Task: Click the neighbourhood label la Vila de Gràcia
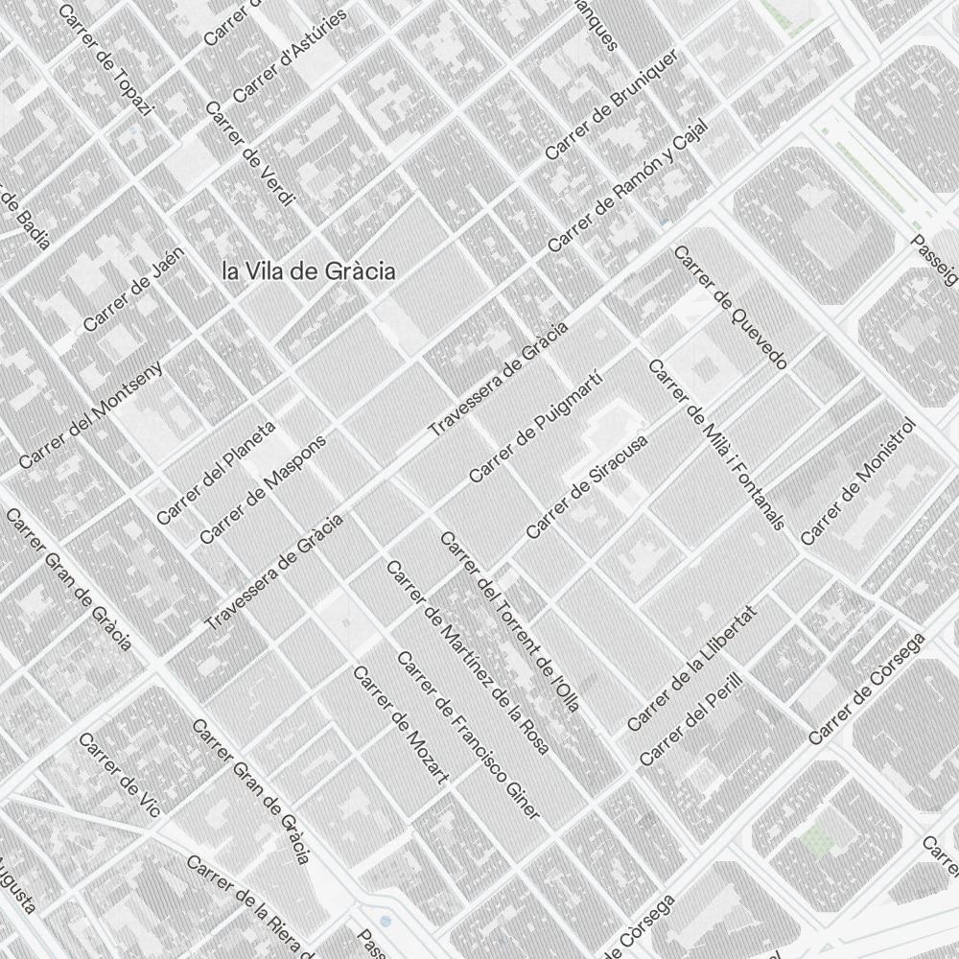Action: [308, 271]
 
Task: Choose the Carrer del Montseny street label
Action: [90, 414]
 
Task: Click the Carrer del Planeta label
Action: [216, 472]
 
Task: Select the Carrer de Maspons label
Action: [263, 489]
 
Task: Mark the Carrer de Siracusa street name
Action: [587, 485]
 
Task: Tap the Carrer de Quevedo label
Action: [731, 307]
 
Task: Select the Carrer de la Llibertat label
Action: [691, 667]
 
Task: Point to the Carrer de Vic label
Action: [119, 774]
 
